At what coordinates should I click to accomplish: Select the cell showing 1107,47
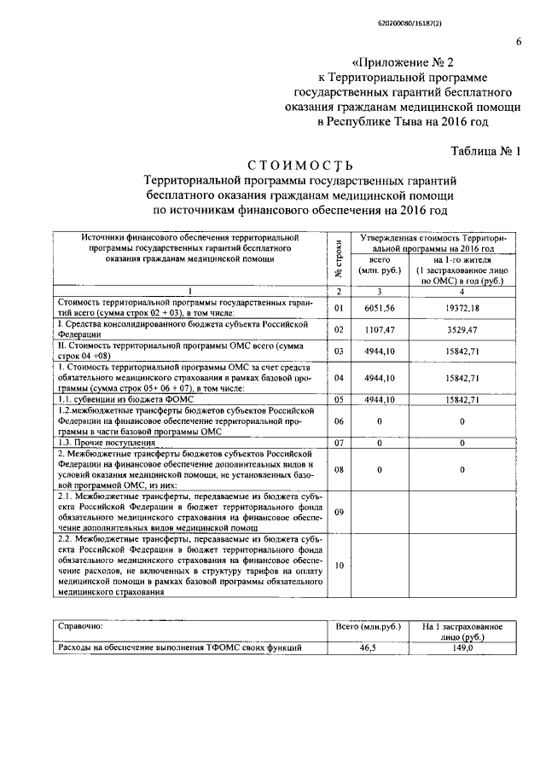[x=380, y=328]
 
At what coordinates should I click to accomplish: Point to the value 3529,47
[x=462, y=328]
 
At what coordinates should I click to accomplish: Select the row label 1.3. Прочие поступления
[x=106, y=443]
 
